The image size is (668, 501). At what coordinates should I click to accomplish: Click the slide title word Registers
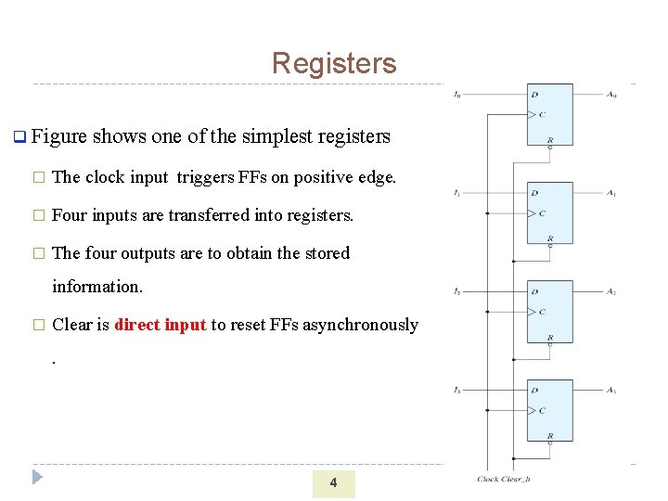tap(334, 63)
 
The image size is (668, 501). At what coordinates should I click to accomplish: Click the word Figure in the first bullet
tap(58, 137)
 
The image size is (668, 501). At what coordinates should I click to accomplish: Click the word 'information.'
tap(97, 287)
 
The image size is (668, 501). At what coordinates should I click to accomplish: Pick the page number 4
tap(333, 482)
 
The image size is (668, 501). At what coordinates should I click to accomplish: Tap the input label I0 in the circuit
tap(457, 95)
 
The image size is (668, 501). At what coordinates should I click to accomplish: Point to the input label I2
tap(457, 292)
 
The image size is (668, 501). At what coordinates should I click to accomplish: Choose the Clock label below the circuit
tap(488, 480)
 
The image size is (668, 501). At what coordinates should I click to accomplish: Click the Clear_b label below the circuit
tap(517, 480)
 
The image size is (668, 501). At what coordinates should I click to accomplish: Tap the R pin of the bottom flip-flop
tap(550, 435)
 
